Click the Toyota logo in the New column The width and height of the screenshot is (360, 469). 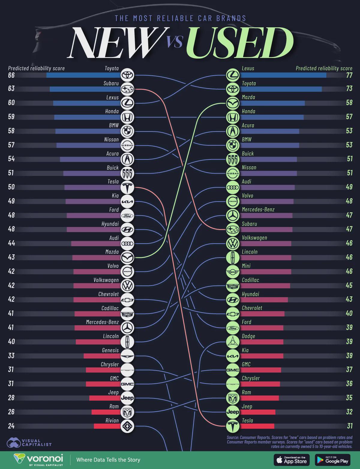click(127, 75)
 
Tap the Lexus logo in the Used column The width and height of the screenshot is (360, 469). click(232, 75)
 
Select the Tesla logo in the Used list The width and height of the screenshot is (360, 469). click(232, 426)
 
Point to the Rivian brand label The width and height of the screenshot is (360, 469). click(112, 420)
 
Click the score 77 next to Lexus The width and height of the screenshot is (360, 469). click(349, 75)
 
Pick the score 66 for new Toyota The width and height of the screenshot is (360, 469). click(11, 75)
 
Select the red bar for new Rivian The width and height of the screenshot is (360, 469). click(107, 426)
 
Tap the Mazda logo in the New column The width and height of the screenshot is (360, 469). click(127, 257)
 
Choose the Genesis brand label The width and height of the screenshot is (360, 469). click(110, 350)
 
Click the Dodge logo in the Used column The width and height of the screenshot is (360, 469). click(232, 342)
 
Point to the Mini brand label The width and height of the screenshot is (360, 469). click(246, 266)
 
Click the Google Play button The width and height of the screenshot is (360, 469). click(333, 460)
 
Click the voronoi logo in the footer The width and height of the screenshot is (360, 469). click(38, 459)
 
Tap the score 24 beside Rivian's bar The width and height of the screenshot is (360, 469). click(11, 426)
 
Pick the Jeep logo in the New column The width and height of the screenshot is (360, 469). click(127, 398)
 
